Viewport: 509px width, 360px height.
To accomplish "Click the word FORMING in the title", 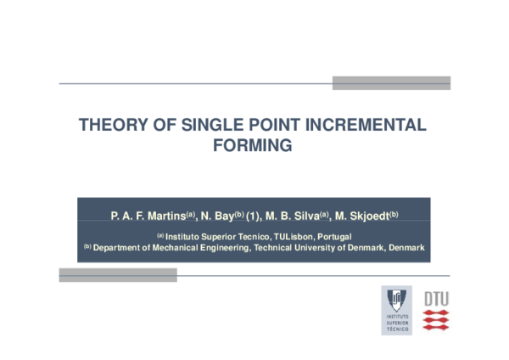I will click(252, 146).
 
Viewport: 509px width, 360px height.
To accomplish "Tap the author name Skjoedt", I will click(368, 217).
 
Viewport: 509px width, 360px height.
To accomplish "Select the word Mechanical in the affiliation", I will click(176, 248).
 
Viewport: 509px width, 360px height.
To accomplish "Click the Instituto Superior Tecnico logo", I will click(396, 309).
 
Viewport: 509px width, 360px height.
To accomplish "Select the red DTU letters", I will click(436, 298).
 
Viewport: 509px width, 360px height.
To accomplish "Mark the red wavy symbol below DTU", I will click(436, 320).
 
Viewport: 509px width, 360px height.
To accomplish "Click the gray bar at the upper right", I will click(390, 82).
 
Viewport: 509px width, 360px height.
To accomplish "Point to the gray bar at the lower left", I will click(118, 274).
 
